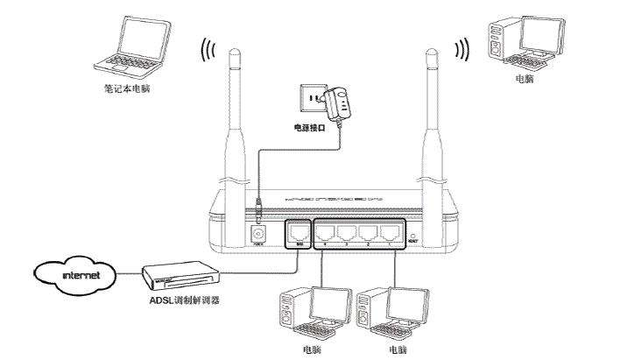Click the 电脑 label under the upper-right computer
[525, 79]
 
